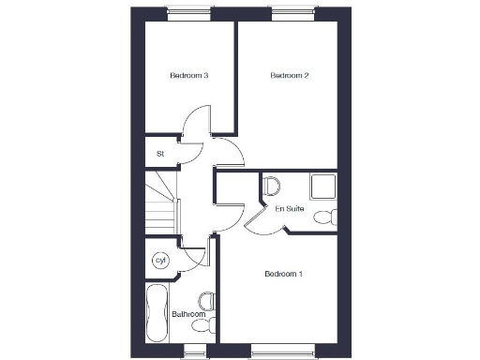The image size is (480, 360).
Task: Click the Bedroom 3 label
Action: (x=188, y=75)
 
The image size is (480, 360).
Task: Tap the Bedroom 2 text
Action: (x=290, y=75)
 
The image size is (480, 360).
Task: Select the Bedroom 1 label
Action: (x=283, y=274)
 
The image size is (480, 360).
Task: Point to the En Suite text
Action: (x=287, y=208)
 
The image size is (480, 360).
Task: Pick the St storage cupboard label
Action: (x=160, y=152)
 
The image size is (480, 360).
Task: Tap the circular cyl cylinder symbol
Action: (x=160, y=259)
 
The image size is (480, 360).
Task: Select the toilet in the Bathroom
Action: (x=207, y=302)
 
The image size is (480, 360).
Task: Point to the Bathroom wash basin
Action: (x=201, y=326)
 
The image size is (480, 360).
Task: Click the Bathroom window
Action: (x=194, y=350)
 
